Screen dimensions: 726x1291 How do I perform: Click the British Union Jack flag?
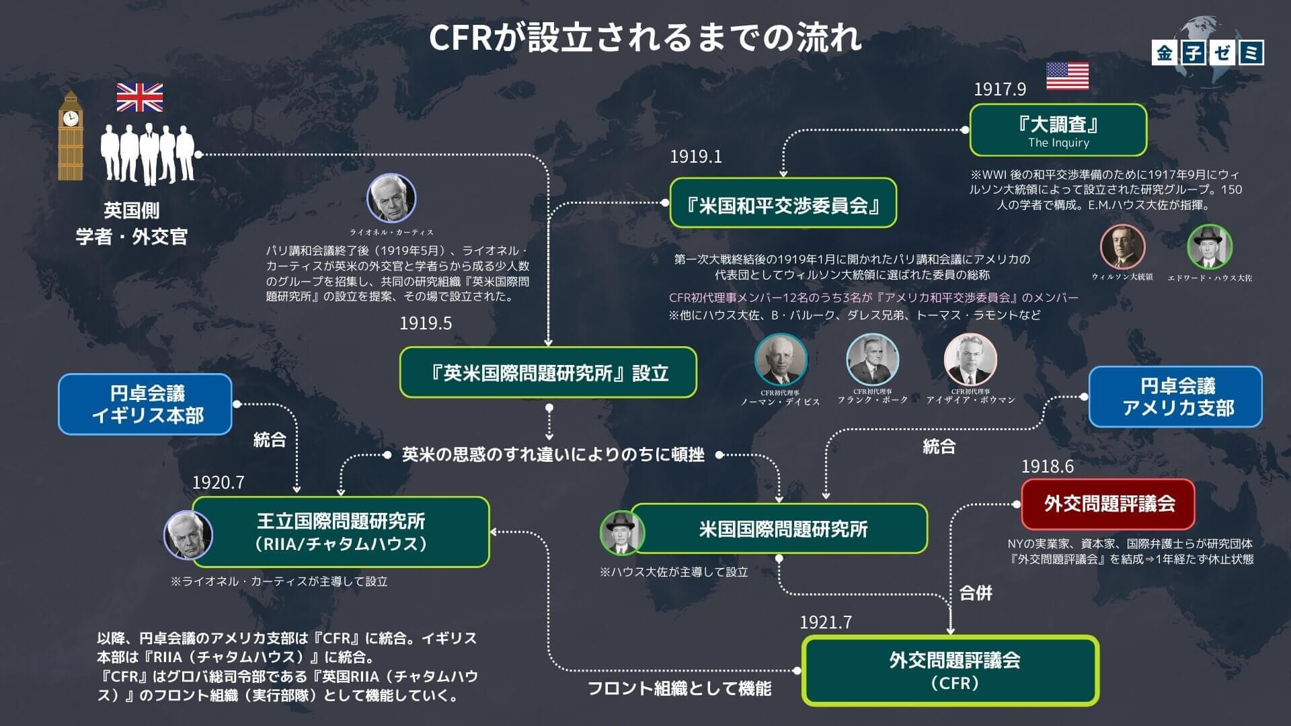click(x=139, y=97)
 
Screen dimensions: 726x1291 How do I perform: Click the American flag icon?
click(x=1067, y=76)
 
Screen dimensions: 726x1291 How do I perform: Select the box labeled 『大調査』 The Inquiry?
click(x=1058, y=130)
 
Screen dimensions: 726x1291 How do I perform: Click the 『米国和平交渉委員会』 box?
click(x=783, y=203)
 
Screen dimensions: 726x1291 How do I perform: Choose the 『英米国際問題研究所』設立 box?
click(x=548, y=372)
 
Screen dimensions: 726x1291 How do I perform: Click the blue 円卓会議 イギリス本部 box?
click(x=145, y=404)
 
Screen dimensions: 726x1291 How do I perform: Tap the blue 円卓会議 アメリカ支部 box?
click(x=1175, y=397)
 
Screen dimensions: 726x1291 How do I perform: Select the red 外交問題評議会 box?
click(x=1107, y=504)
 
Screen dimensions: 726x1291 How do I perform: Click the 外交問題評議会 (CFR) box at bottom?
click(x=950, y=670)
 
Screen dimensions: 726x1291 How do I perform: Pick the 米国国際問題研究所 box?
click(x=780, y=528)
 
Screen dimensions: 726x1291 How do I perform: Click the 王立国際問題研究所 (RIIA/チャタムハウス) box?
click(x=341, y=532)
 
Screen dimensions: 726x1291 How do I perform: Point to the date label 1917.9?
click(x=1000, y=89)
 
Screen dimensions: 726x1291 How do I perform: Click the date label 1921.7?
click(x=825, y=622)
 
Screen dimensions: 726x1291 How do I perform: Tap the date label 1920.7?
click(x=218, y=482)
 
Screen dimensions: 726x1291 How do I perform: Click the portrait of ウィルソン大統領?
click(x=1122, y=247)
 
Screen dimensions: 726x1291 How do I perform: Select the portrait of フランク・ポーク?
click(x=872, y=360)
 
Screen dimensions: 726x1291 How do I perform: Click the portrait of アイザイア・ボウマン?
click(x=970, y=360)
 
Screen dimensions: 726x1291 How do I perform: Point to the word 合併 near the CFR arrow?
click(x=976, y=593)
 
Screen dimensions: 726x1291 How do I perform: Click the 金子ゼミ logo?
click(x=1208, y=52)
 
